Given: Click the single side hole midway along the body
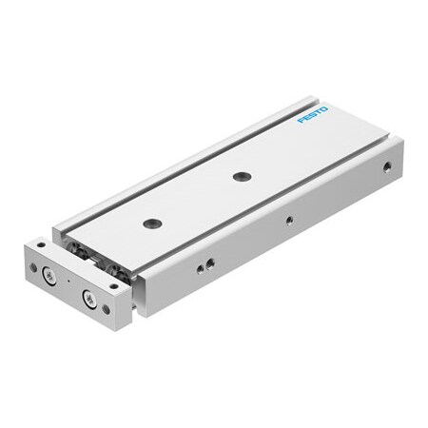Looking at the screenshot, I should click(289, 224).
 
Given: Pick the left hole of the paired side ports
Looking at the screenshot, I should click(199, 268).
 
